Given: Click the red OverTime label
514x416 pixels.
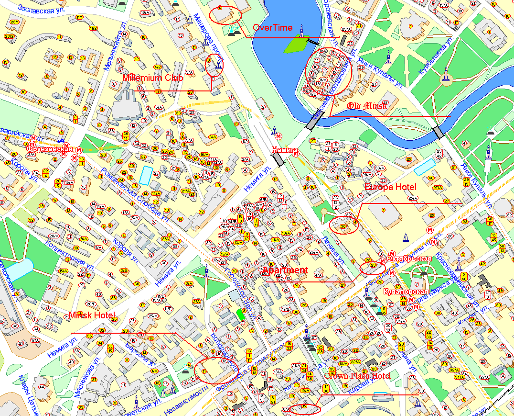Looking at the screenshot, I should coord(272,28).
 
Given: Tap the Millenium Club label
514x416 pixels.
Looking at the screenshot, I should coord(153,78).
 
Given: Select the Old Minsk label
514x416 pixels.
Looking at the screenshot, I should coord(366,106).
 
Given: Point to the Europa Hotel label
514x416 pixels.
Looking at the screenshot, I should coord(390,187).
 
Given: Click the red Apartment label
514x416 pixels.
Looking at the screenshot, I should coord(285,270).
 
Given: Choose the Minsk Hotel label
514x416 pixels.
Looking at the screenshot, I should coord(92,315).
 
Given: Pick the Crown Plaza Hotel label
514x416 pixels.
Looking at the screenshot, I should coord(357,376).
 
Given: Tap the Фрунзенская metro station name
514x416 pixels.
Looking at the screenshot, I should coord(46,149).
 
